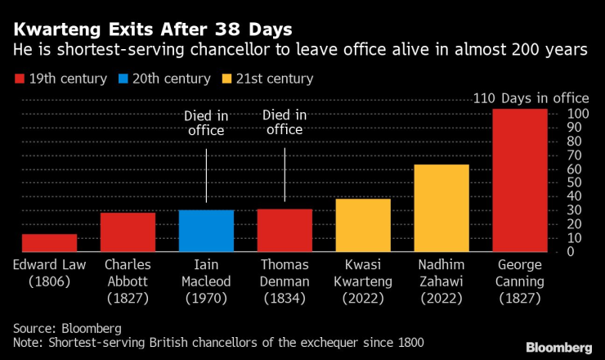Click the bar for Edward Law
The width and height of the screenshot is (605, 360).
click(49, 243)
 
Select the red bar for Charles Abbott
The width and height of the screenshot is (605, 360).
click(128, 232)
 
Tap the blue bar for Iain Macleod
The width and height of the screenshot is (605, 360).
click(206, 231)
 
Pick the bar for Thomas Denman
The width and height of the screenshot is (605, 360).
click(285, 231)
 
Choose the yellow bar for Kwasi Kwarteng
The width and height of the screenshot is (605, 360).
click(363, 225)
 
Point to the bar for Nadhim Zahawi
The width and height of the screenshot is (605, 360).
click(441, 208)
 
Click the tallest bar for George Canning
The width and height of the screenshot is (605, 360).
click(520, 180)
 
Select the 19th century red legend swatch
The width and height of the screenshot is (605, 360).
click(20, 79)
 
